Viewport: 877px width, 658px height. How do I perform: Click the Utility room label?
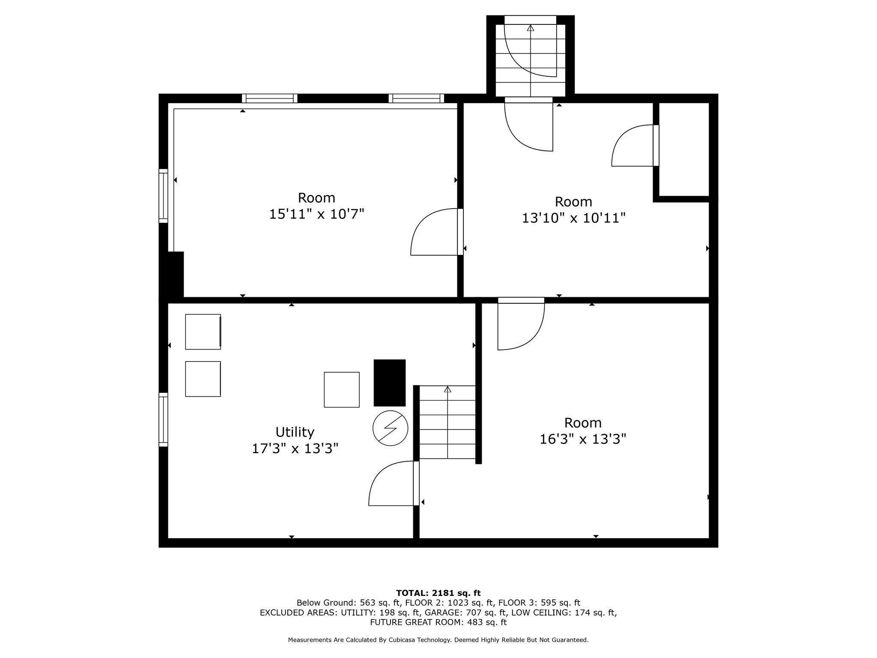[x=295, y=431]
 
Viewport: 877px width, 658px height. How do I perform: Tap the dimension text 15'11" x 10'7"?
[x=316, y=214]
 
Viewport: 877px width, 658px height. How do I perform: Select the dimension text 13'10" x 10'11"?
[x=573, y=218]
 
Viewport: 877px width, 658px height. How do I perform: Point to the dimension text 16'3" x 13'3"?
[x=583, y=439]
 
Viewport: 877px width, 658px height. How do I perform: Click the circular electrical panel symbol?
[x=390, y=428]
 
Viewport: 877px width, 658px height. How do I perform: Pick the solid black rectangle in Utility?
[x=389, y=383]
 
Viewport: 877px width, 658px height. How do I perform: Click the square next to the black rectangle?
[x=341, y=389]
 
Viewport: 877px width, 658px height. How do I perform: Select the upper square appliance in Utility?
[x=203, y=332]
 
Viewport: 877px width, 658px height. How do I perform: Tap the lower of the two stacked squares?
[x=203, y=379]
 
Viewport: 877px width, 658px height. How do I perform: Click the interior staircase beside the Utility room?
[x=447, y=422]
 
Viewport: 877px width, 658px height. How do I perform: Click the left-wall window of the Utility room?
[x=163, y=419]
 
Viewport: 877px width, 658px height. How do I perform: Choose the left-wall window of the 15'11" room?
[x=163, y=196]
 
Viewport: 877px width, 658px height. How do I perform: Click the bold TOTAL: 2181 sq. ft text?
[x=438, y=593]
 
